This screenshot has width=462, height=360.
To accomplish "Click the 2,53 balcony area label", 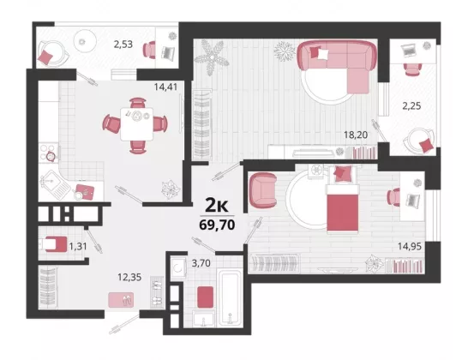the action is tap(123, 45).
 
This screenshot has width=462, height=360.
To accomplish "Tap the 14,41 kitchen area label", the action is tap(165, 87).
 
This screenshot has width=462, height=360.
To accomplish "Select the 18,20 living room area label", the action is tap(356, 135).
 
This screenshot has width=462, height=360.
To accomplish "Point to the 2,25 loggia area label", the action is tap(411, 105).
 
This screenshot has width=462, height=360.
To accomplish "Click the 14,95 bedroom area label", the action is tap(410, 246).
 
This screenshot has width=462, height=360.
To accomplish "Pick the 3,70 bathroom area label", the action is tap(201, 263).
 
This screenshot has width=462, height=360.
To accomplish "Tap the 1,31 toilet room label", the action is tap(78, 246).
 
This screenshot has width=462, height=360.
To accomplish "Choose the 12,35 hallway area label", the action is tap(129, 277).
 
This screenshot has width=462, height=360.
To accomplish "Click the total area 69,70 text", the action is tap(217, 225).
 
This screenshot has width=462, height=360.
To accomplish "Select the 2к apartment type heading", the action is tap(217, 206).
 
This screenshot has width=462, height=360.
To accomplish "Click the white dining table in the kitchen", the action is tap(137, 124).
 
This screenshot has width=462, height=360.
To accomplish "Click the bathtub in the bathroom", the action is tap(231, 299).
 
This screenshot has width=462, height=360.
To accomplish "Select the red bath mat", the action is tap(206, 297).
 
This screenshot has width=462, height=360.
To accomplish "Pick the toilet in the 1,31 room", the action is tap(55, 244).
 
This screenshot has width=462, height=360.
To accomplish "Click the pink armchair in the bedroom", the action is tap(263, 190).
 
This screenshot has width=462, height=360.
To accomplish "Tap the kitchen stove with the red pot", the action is tap(49, 153).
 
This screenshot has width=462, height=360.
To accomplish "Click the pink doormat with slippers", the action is tap(121, 300).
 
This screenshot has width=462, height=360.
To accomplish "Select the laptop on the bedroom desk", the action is tap(413, 201).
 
